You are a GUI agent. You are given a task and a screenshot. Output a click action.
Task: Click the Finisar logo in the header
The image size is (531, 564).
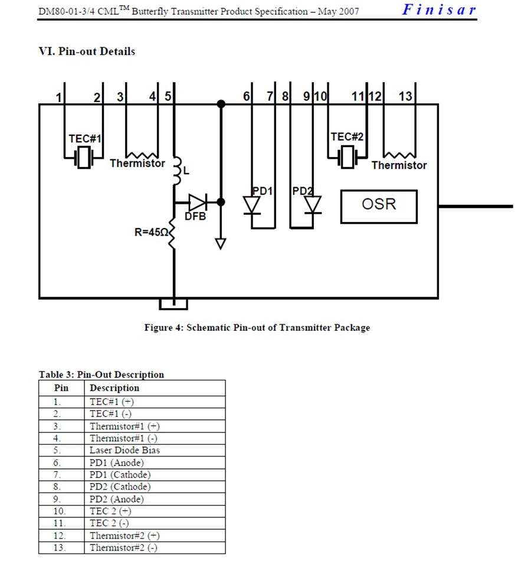tap(439, 9)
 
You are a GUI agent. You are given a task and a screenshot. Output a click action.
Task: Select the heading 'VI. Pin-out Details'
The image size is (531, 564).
tap(87, 51)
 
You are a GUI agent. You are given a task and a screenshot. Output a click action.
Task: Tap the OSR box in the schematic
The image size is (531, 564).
tap(379, 205)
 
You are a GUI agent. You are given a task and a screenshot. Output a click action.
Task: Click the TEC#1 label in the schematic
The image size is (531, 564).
tap(85, 139)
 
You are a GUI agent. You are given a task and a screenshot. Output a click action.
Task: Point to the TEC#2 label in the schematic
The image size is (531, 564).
tap(347, 137)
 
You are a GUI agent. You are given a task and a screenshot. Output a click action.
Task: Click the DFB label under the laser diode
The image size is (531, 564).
tap(195, 217)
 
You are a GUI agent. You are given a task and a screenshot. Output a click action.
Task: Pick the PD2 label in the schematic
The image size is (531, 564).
tap(301, 191)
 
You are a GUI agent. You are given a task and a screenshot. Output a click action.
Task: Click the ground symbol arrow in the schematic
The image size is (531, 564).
tap(221, 243)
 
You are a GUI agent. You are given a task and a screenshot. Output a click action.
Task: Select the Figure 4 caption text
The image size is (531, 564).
tap(257, 328)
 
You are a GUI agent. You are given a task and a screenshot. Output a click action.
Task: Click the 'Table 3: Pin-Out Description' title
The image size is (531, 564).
tap(101, 374)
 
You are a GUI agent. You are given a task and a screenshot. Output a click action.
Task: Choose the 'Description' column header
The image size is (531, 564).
tap(114, 388)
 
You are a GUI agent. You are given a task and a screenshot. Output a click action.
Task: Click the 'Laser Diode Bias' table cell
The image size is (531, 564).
tap(124, 450)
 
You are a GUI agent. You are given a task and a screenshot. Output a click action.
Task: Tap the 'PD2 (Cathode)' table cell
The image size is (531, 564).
tap(120, 487)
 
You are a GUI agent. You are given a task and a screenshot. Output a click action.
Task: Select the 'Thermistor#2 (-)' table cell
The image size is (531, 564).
tap(123, 547)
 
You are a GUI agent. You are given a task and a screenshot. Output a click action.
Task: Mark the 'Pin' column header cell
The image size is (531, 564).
tap(61, 388)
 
